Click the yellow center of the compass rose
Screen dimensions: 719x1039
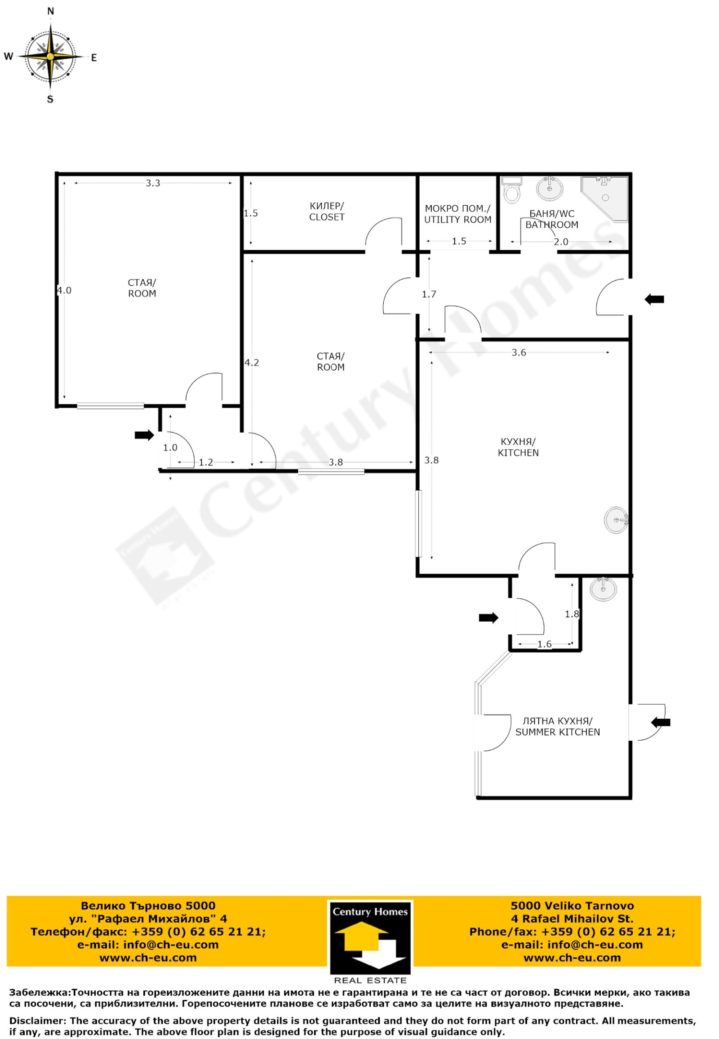50,57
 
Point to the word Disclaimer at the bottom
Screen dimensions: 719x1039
37,1020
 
